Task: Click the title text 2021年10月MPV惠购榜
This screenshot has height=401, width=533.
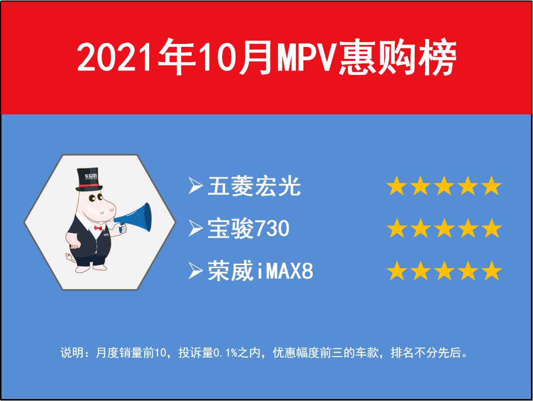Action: click(x=267, y=57)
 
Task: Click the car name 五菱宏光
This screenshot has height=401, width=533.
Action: click(x=254, y=186)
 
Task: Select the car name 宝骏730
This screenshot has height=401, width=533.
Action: click(x=249, y=228)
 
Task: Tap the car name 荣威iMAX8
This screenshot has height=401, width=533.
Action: click(x=261, y=271)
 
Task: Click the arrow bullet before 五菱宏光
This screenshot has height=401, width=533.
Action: click(x=196, y=186)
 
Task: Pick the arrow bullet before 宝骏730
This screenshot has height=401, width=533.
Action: click(x=196, y=228)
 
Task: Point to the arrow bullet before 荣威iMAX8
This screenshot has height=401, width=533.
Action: click(x=196, y=271)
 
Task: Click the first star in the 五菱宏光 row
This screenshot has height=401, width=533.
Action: click(x=397, y=186)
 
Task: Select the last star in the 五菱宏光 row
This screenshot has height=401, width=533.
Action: click(x=492, y=186)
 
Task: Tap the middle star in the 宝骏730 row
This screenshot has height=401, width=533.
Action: click(x=444, y=228)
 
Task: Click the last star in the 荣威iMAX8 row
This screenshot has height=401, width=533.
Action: click(x=492, y=271)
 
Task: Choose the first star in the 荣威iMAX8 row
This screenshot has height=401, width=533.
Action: click(x=397, y=271)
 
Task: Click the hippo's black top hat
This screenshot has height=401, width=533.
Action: click(x=89, y=179)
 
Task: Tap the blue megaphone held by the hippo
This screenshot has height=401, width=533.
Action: click(x=134, y=218)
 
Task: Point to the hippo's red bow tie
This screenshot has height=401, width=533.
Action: click(x=98, y=228)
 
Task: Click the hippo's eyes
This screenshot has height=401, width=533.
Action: click(x=95, y=198)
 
